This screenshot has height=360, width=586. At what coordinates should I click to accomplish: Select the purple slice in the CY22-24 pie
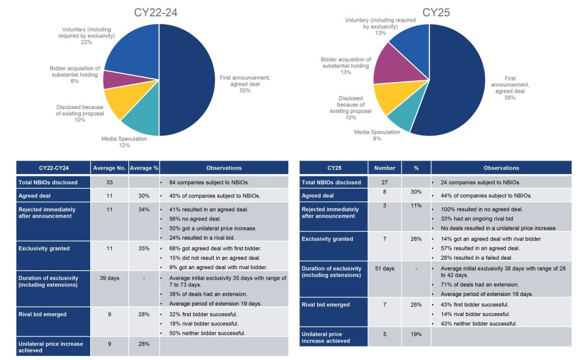pos(113,79)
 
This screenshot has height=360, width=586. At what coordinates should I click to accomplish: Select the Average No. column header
pos(110,168)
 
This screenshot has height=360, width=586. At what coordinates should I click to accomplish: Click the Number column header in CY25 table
pos(385,168)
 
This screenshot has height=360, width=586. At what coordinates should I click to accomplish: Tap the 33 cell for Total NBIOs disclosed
pos(110,182)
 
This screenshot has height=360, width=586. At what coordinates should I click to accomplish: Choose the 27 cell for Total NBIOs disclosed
pos(385,182)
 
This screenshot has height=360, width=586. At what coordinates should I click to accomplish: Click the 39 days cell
pos(110,278)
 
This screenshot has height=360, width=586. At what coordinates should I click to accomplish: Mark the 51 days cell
pos(385,269)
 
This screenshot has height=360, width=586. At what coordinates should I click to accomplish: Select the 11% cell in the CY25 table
pos(416,206)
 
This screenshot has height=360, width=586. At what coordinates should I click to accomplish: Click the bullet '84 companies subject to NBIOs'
pos(203,182)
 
